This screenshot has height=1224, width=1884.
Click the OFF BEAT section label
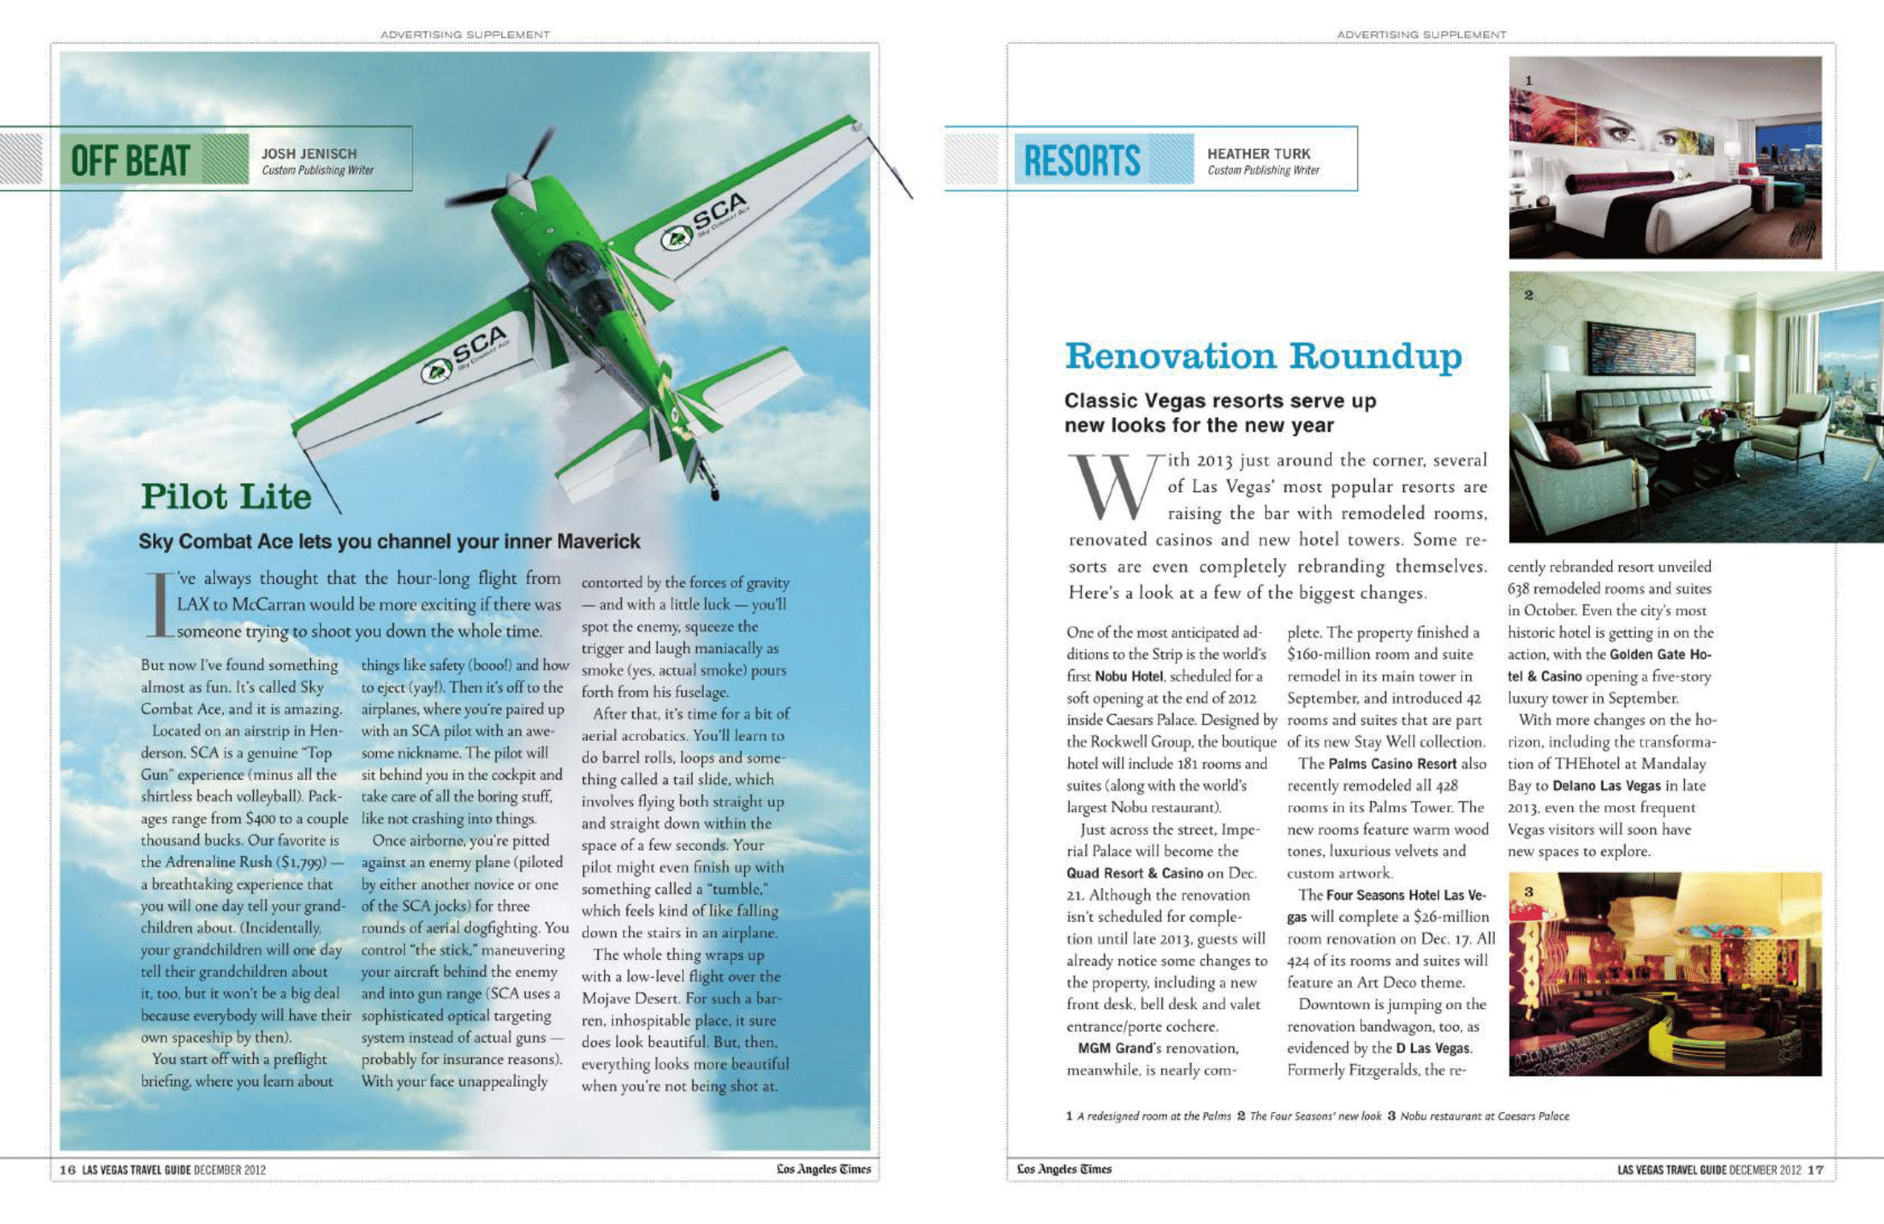point(130,159)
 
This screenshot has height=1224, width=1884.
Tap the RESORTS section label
point(1081,159)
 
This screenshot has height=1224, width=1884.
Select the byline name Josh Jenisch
point(308,153)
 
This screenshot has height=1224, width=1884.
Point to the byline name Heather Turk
point(1258,153)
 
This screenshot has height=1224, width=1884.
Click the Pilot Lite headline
point(226,496)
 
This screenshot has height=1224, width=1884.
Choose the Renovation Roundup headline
point(1263,355)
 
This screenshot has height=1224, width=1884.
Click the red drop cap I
point(159,604)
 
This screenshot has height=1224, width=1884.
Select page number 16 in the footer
point(68,1169)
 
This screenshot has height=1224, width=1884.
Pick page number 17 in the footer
point(1816,1169)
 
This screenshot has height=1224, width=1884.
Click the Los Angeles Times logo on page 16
point(823,1168)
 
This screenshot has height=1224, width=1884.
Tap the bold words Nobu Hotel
point(1128,676)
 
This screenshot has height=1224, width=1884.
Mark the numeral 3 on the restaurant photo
point(1528,891)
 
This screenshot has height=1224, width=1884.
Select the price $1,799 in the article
point(302,862)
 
